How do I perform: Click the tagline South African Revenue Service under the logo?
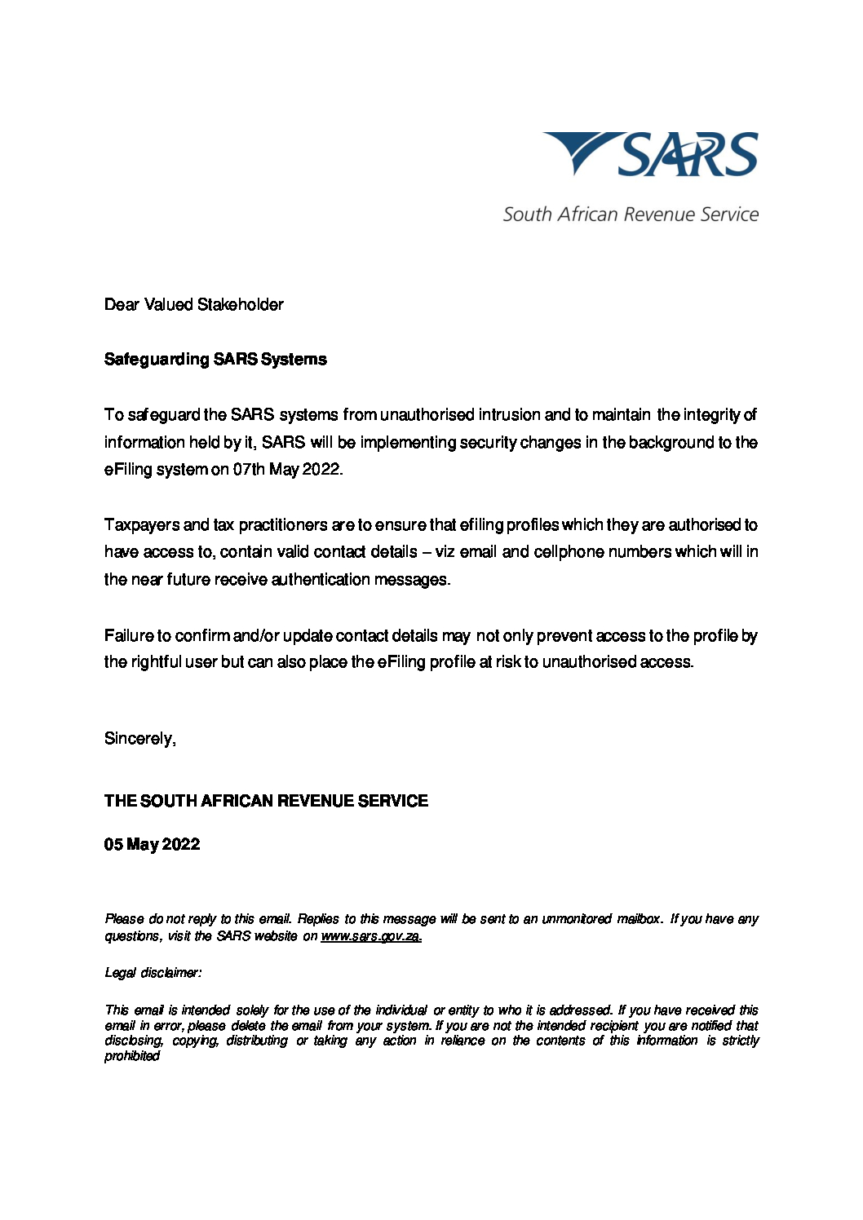tap(631, 214)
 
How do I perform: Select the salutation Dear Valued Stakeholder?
tap(194, 305)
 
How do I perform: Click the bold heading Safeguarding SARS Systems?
tap(215, 360)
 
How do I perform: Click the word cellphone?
tap(581, 552)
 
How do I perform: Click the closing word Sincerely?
tap(139, 739)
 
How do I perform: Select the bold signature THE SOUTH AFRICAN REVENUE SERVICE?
tap(266, 801)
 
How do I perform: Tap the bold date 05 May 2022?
tap(152, 845)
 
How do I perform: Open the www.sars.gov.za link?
tap(371, 936)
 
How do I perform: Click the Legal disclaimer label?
tap(153, 973)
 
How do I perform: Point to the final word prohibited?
tap(132, 1056)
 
